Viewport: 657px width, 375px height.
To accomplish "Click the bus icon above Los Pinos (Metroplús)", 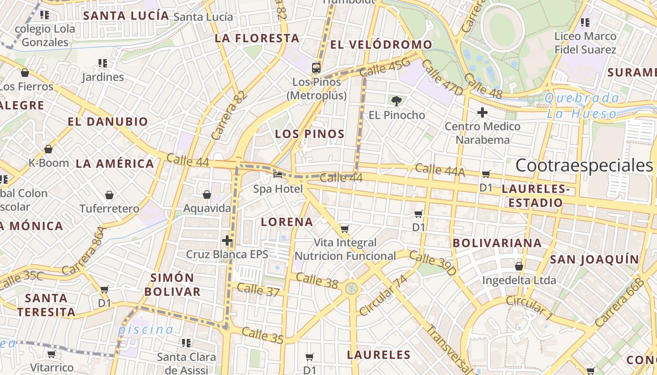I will point(316,68).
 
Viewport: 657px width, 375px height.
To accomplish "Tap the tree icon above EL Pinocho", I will point(397,100).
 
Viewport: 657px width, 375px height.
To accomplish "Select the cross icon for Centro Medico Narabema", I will point(482,112).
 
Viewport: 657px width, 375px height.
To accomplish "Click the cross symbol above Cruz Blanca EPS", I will point(227,241).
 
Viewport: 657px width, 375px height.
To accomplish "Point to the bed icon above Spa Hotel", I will point(278,175).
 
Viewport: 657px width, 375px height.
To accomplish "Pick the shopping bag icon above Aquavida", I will point(206,195).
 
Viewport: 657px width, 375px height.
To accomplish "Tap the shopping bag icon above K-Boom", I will point(48,150).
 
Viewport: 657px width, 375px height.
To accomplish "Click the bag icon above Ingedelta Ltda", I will point(519,267).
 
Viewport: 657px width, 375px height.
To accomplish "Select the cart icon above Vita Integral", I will point(345,229).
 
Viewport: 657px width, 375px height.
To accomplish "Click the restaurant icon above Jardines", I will point(103,63).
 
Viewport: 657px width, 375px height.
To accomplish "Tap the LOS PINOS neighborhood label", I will point(310,134).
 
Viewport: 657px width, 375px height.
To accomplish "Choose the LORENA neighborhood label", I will point(287,222).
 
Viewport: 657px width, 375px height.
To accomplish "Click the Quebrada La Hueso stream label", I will point(582,105).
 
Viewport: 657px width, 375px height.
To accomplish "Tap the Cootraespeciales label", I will point(584,165).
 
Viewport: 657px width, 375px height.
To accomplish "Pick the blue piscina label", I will point(145,330).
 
